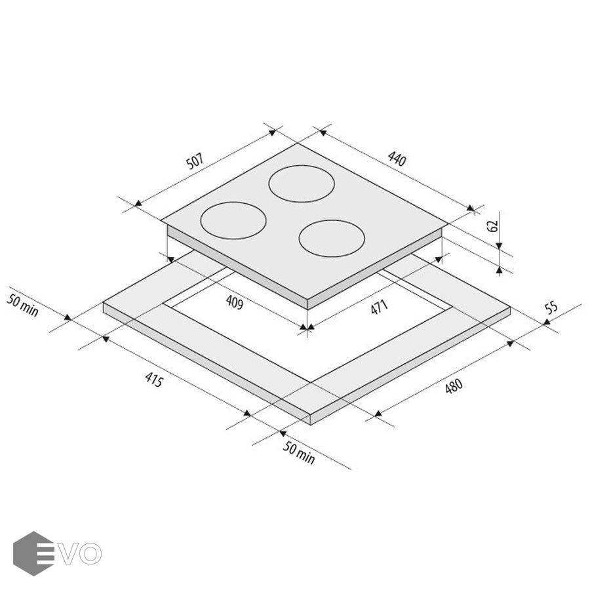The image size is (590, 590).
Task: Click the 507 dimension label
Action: click(x=195, y=161)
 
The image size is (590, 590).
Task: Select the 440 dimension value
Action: click(x=397, y=159)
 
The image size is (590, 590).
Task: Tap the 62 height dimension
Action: click(x=492, y=226)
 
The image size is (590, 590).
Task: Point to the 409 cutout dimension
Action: click(x=235, y=302)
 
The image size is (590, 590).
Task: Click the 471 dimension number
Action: click(x=379, y=307)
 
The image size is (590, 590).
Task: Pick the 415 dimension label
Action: click(x=154, y=380)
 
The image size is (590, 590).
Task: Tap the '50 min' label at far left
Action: click(x=22, y=305)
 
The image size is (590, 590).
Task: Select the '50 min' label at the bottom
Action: click(x=299, y=452)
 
